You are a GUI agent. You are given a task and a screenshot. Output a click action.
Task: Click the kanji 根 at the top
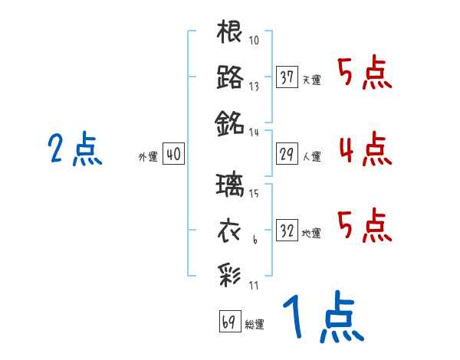(x=230, y=33)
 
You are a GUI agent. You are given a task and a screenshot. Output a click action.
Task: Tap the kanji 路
(x=230, y=77)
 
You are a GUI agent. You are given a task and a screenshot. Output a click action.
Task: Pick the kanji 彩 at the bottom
(x=230, y=273)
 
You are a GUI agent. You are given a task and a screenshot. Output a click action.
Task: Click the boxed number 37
(x=287, y=77)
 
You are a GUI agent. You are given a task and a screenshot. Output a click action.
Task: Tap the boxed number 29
(x=287, y=154)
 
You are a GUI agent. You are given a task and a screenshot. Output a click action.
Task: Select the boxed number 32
(x=287, y=230)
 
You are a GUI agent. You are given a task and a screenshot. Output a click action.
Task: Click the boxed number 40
(x=172, y=155)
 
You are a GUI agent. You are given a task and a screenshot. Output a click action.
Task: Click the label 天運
(x=311, y=80)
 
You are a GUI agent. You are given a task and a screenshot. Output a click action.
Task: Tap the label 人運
(x=311, y=157)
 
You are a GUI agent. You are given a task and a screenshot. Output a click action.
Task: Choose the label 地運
(x=311, y=233)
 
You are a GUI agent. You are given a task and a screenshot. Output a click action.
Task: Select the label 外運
(x=148, y=157)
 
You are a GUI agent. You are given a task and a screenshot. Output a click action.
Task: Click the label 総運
(x=254, y=324)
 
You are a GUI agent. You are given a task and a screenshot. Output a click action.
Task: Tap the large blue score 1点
(x=322, y=318)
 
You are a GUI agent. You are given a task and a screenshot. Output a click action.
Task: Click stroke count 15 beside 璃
(x=255, y=192)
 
